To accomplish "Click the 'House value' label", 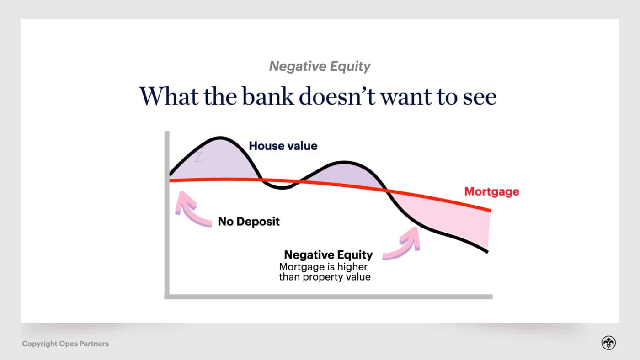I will [x=283, y=146].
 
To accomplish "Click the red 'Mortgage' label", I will [x=491, y=191].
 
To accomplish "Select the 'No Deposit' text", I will [x=248, y=222].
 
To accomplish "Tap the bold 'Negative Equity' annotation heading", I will [x=328, y=255].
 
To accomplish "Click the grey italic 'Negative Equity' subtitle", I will [x=320, y=67].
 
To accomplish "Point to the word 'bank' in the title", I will [x=268, y=96].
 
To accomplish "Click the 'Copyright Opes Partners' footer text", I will [x=65, y=344].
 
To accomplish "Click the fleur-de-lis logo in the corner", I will [x=608, y=343].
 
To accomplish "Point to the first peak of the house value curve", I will [x=221, y=138].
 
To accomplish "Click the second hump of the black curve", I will [x=345, y=162].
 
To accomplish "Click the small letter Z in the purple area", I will [x=198, y=158].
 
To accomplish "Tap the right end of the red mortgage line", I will [x=490, y=210].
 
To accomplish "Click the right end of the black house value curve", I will [x=487, y=251].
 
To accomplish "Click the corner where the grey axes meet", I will [x=167, y=296].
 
